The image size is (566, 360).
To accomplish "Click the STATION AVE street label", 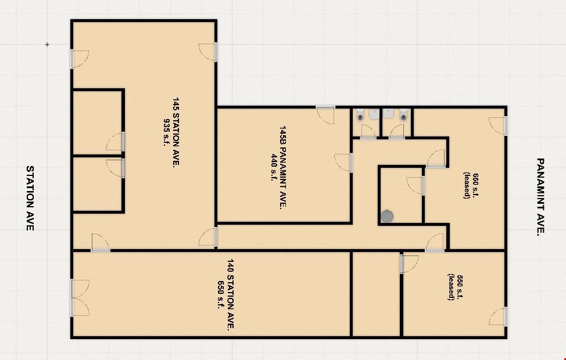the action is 30,198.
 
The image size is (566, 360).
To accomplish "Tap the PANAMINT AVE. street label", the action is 540,197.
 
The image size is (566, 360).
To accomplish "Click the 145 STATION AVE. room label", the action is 176,132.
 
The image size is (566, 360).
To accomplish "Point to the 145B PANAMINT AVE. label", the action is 283,167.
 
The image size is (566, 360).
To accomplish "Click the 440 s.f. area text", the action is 274,167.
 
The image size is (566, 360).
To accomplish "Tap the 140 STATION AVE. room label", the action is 231,294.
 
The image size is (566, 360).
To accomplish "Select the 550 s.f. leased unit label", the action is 455,287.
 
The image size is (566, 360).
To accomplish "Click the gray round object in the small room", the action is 387,216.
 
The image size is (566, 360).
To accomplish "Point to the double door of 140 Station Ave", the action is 80,298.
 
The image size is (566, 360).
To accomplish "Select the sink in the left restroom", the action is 374,114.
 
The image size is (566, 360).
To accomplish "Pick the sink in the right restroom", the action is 388,114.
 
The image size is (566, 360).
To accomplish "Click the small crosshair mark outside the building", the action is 47,44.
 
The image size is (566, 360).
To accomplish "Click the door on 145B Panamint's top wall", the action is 325,115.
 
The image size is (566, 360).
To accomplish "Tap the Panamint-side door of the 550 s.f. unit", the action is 498,316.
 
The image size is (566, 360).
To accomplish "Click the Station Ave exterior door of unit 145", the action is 80,59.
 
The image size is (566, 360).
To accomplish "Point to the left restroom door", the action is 368,131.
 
